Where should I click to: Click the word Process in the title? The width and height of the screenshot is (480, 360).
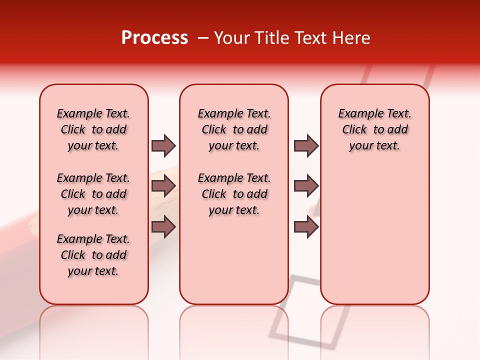154,38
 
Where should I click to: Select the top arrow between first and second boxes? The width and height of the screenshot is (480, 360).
163,145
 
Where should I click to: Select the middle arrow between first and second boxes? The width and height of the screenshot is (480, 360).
163,186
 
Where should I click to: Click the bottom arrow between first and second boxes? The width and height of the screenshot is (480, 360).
163,227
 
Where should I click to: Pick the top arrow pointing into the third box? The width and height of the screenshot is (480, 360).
306,145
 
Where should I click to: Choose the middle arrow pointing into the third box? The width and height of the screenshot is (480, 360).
306,186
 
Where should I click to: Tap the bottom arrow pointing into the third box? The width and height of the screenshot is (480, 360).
306,227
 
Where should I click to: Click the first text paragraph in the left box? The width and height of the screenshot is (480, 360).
93,129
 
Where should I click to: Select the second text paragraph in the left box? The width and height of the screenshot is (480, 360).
93,194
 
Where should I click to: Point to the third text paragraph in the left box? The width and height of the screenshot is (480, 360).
93,255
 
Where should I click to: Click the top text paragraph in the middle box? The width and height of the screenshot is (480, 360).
234,129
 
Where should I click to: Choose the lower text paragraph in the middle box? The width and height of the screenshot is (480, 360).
234,194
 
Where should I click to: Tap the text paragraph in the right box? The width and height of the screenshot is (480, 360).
374,129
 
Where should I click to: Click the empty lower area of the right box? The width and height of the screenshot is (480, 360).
374,240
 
